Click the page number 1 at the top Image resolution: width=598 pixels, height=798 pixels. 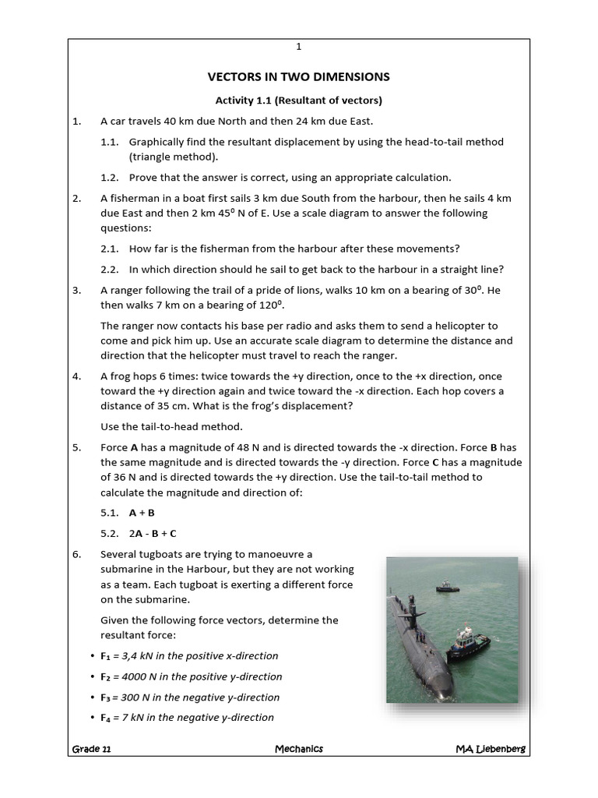(298, 47)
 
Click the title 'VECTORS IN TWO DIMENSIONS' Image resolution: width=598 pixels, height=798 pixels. (298, 76)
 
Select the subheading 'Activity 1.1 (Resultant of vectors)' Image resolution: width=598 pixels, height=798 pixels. (298, 101)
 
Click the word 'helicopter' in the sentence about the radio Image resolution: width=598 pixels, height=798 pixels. (451, 326)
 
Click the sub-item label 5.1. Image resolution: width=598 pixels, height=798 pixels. (109, 513)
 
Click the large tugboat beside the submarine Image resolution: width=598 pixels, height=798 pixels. (467, 643)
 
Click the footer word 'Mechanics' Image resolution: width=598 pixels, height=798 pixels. (298, 749)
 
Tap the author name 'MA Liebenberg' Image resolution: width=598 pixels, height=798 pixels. (491, 749)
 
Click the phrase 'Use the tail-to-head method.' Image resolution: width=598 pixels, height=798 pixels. (171, 426)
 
